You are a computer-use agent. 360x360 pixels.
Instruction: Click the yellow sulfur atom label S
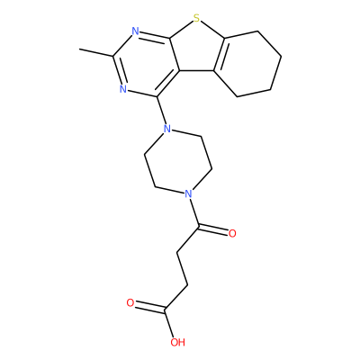196,19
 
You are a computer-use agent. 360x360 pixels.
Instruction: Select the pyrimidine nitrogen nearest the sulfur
136,31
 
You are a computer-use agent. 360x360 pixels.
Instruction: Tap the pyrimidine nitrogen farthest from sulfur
123,89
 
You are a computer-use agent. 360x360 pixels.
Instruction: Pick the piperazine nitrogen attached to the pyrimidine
167,130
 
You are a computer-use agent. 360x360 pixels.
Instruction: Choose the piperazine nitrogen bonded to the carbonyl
188,193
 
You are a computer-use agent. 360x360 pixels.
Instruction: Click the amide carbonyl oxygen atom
232,234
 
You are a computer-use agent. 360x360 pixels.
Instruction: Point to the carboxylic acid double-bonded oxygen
130,303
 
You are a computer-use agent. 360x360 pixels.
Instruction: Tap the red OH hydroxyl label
177,342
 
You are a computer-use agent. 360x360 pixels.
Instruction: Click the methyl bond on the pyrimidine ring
96,52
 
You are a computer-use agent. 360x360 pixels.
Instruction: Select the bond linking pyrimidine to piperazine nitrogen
161,111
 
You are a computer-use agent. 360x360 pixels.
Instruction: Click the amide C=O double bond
213,229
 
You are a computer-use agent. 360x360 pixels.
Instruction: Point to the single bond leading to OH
168,324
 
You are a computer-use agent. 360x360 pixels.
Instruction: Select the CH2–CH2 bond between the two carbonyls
183,268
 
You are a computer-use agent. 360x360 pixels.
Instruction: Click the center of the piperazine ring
178,161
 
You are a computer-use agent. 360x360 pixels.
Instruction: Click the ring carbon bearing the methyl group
113,56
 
